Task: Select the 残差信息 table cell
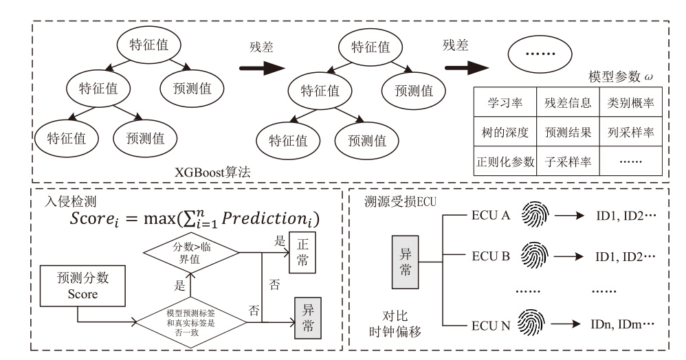pos(567,104)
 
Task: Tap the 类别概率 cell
pos(630,104)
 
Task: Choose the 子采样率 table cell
pos(567,163)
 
